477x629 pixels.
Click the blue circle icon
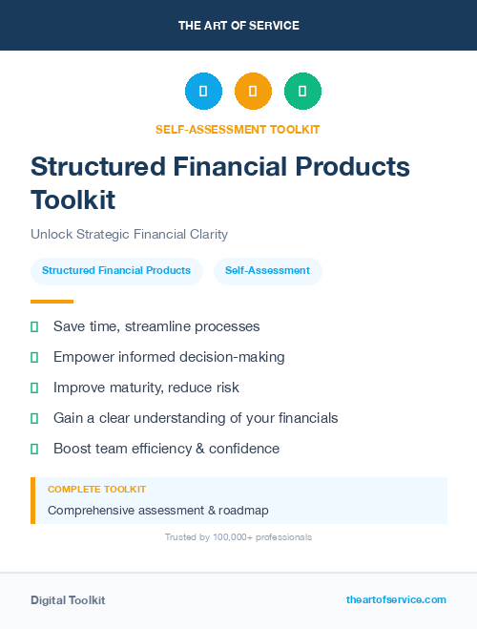(203, 92)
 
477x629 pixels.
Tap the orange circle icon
(253, 92)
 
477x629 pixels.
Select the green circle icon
(302, 92)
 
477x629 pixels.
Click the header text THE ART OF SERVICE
(238, 26)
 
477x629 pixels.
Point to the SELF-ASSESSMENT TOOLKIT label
(238, 130)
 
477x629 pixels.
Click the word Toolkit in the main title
(73, 200)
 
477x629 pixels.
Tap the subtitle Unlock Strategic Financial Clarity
(129, 234)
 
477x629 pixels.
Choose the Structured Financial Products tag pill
(116, 271)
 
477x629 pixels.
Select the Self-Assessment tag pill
(267, 271)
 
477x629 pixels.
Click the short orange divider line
(52, 302)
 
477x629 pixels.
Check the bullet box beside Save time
(34, 326)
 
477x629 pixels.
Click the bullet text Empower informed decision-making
(169, 357)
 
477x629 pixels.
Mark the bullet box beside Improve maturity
(34, 388)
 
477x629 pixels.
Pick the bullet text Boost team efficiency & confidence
(166, 449)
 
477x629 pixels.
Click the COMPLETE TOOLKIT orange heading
(96, 489)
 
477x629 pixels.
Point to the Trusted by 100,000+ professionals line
(238, 537)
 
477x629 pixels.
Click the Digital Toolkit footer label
(68, 600)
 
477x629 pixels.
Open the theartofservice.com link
(396, 599)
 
